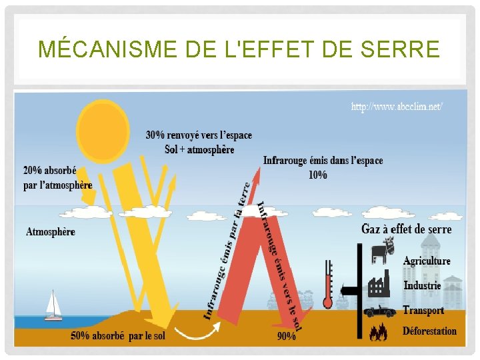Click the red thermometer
(327, 284)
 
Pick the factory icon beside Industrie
(379, 285)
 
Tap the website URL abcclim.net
(397, 106)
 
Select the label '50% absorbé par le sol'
(118, 336)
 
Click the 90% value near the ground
(287, 336)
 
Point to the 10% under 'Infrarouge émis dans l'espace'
(318, 175)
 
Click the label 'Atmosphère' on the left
(51, 232)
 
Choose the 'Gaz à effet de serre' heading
(406, 229)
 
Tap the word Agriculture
(427, 261)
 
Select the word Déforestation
(429, 331)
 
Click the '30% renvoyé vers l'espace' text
(199, 135)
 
